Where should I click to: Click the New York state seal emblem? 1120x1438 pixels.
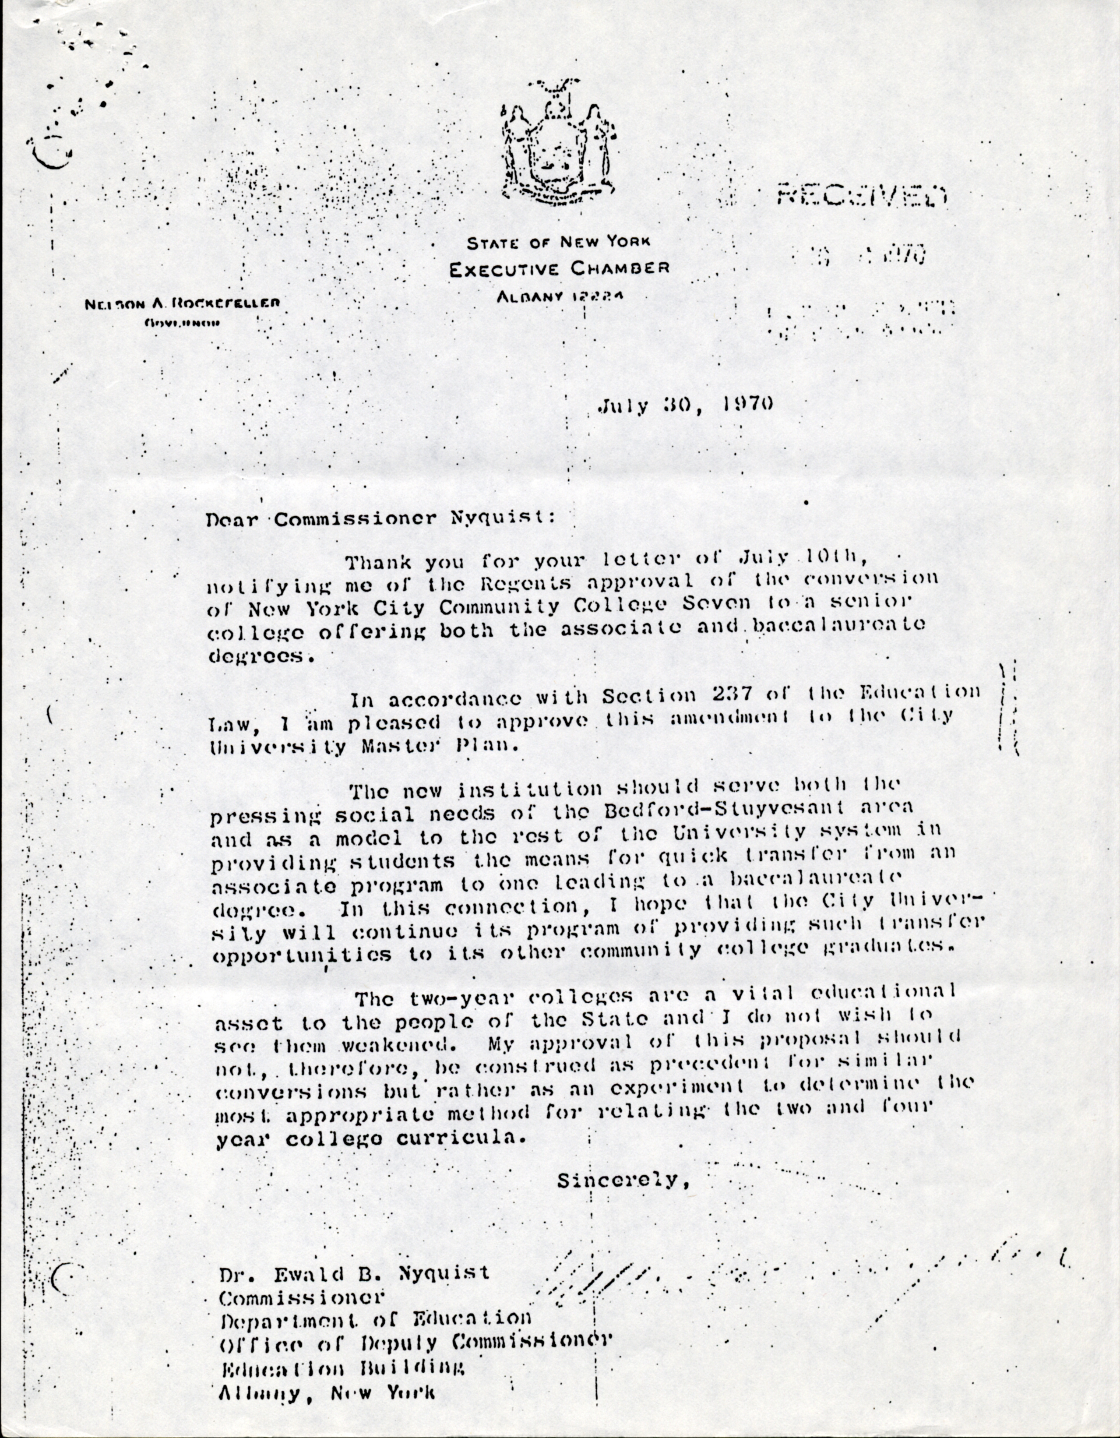point(560,141)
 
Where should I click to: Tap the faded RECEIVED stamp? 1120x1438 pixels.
point(862,196)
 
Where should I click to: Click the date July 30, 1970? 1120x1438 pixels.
point(685,404)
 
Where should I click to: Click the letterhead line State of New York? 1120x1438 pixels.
point(558,242)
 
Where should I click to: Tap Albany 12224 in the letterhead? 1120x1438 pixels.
point(559,296)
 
